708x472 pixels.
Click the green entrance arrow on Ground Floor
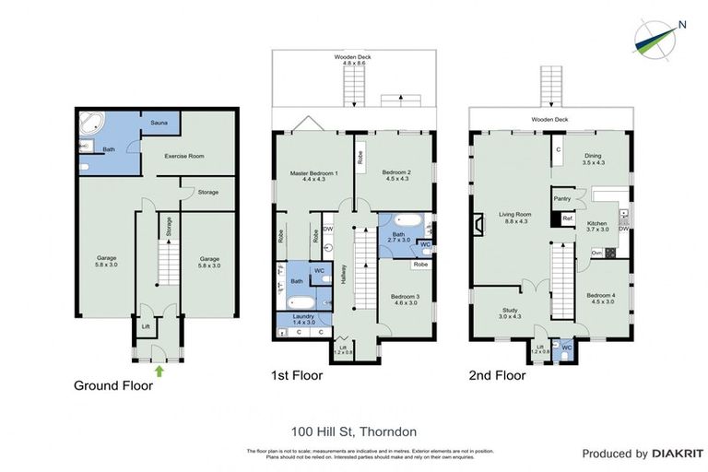pyautogui.click(x=159, y=371)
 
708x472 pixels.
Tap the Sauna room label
pyautogui.click(x=159, y=122)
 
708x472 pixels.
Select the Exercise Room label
pyautogui.click(x=183, y=156)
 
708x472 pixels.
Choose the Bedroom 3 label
pyautogui.click(x=407, y=299)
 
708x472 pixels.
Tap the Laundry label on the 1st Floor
pyautogui.click(x=303, y=317)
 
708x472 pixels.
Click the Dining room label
pyautogui.click(x=593, y=159)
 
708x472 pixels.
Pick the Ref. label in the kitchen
pyautogui.click(x=568, y=218)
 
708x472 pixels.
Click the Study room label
pyautogui.click(x=510, y=313)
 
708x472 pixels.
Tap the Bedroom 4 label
pyautogui.click(x=600, y=298)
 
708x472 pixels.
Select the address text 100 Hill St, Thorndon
pyautogui.click(x=353, y=431)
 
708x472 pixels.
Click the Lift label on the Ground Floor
pyautogui.click(x=145, y=326)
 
